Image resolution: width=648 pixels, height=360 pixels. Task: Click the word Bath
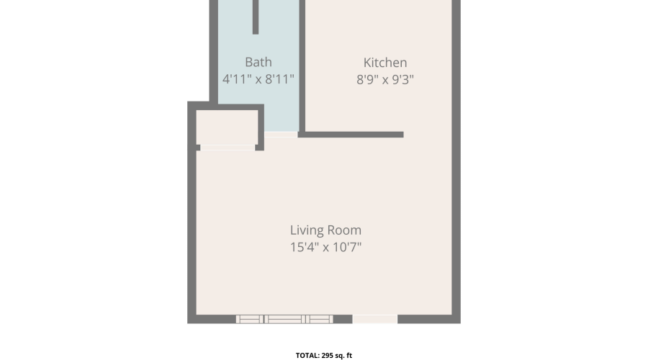(258, 62)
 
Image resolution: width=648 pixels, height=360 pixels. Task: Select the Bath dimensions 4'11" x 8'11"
(258, 79)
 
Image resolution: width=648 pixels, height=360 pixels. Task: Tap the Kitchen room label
(385, 63)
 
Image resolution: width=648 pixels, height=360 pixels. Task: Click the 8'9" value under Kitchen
(367, 79)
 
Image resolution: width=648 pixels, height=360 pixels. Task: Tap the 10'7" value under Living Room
(347, 247)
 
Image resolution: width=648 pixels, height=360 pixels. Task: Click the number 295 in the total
(328, 356)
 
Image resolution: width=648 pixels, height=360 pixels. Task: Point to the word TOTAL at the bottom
(307, 356)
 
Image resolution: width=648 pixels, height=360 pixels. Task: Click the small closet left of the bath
(227, 127)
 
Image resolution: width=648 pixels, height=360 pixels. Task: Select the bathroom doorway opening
(281, 135)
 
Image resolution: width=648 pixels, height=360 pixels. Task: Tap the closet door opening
(228, 148)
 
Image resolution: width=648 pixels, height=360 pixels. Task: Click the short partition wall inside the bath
(256, 17)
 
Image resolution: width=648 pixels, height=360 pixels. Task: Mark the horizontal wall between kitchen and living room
(351, 135)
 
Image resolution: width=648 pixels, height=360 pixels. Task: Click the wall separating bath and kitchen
(302, 66)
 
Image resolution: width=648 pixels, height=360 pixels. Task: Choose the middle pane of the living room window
(285, 319)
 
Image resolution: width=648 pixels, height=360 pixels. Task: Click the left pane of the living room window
(250, 319)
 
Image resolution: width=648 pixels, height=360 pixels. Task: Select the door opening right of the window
(375, 319)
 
